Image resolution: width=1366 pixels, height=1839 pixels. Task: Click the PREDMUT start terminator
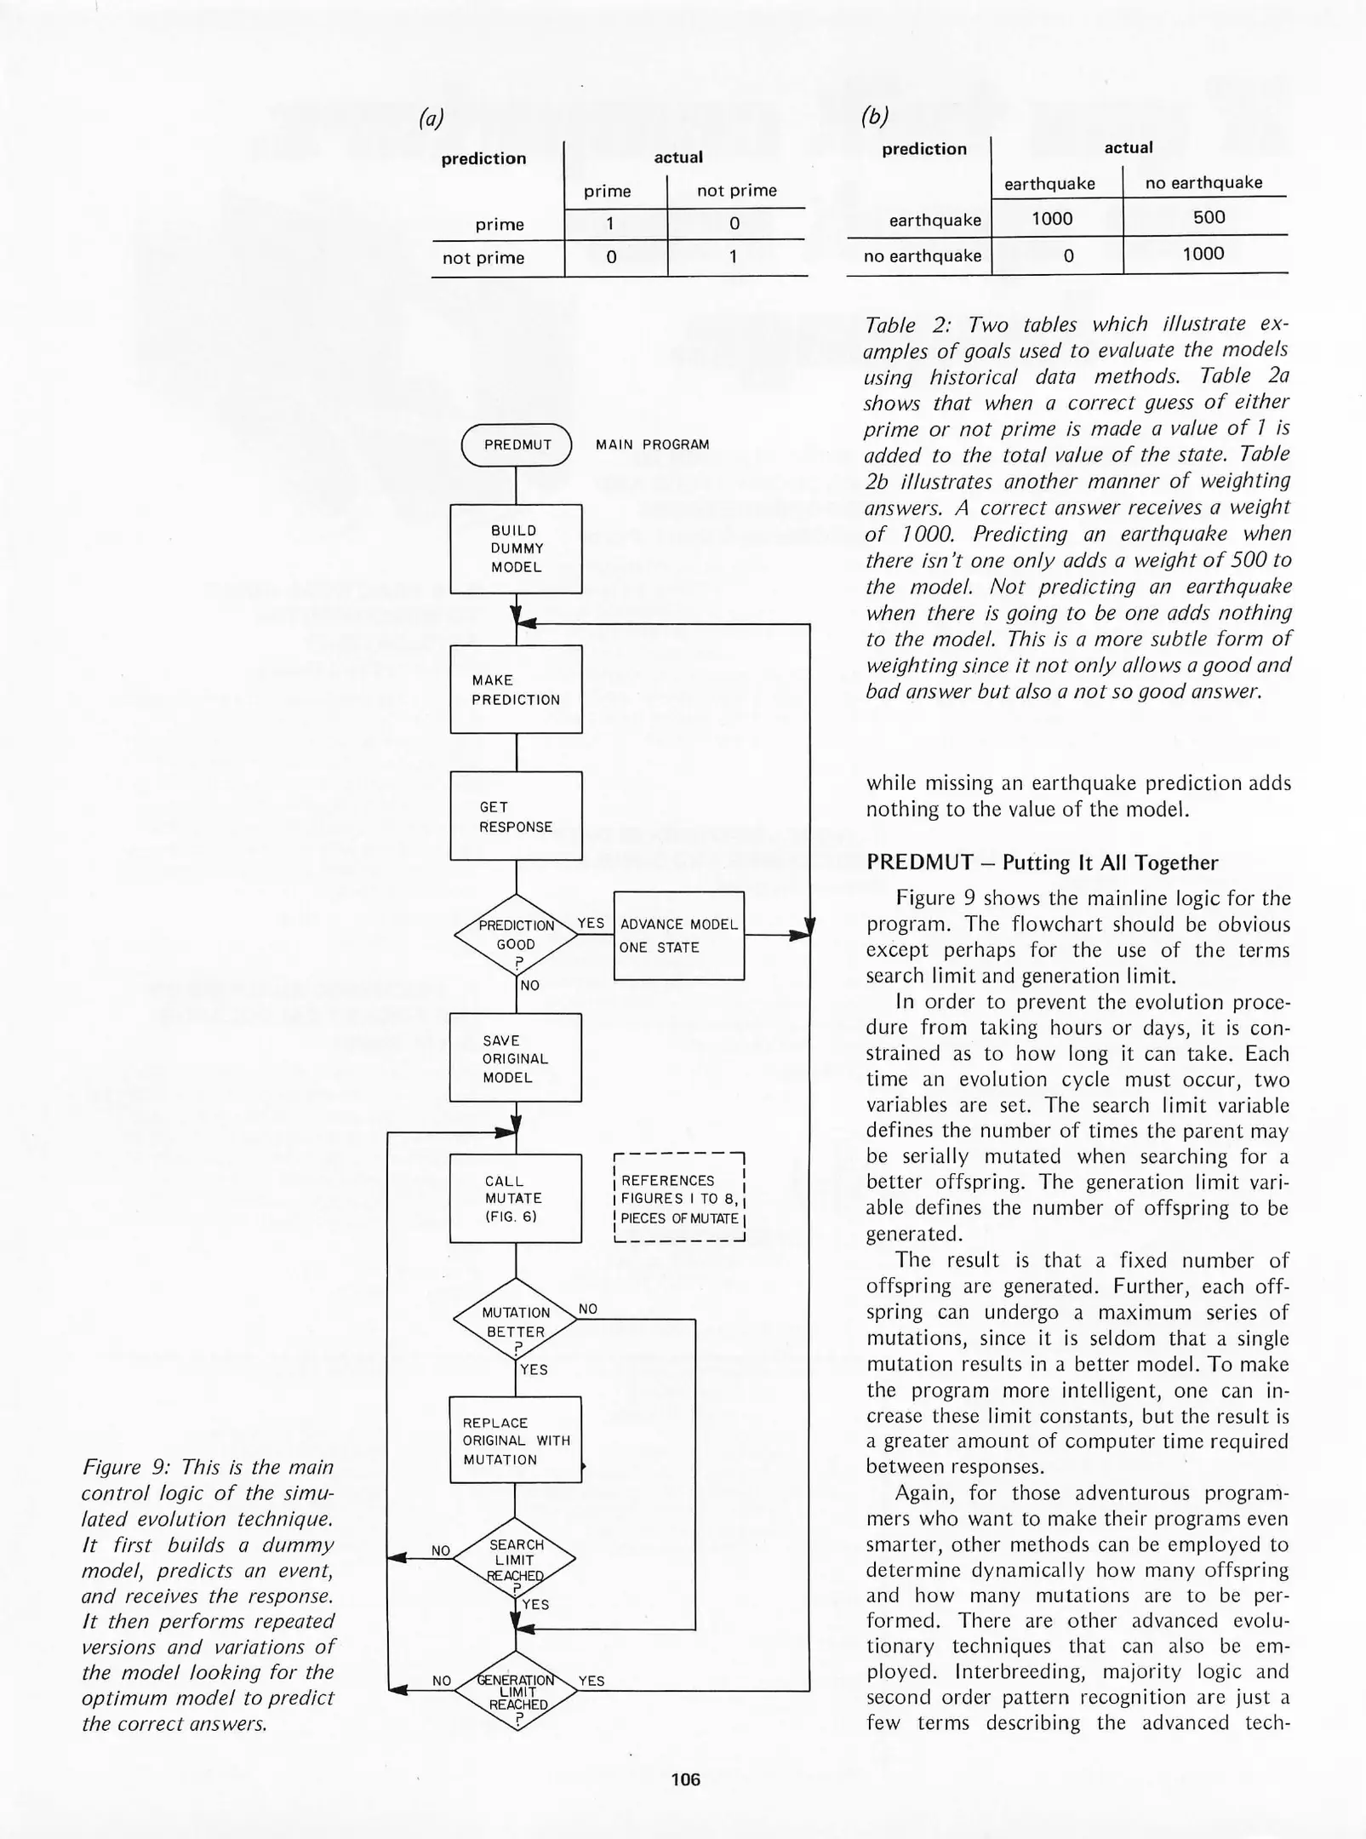517,444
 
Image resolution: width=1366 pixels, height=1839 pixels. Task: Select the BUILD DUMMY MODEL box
516,549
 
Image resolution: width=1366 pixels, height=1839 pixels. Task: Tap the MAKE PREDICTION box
516,690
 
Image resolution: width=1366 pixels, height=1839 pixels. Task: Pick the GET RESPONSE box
516,816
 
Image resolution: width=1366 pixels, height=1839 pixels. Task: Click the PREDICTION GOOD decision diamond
516,936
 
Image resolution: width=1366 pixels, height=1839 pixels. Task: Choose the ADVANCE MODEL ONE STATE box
678,936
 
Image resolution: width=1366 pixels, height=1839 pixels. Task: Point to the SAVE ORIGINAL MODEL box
516,1058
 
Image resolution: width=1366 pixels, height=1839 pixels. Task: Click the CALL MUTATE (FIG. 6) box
516,1198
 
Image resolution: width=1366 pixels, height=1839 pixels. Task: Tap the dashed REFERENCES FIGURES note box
679,1198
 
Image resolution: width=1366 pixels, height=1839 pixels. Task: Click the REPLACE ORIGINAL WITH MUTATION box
516,1441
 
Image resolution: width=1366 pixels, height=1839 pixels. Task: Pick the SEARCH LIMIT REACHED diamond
515,1559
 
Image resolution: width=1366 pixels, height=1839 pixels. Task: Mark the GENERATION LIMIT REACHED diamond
515,1691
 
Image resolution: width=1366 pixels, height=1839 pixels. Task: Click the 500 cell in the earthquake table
1209,217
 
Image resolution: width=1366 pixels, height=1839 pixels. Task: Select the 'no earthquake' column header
1203,182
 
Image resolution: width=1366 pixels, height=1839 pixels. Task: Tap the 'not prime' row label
483,258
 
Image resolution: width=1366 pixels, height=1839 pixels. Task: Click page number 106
685,1779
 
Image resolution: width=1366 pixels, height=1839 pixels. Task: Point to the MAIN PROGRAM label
652,444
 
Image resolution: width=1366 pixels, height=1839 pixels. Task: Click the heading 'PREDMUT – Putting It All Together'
1042,862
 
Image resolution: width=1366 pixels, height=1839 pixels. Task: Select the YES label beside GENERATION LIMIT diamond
591,1681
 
